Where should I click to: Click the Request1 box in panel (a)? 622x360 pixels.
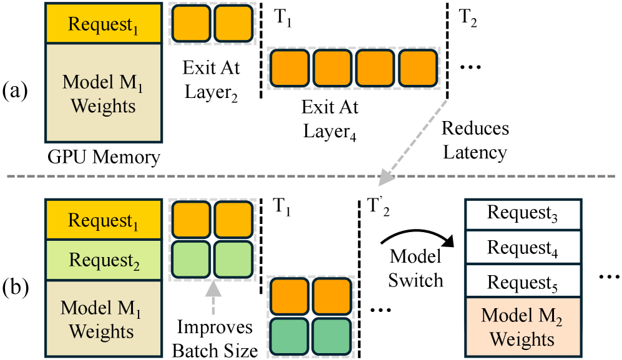[x=102, y=24]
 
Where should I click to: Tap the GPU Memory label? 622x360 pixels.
[x=102, y=157]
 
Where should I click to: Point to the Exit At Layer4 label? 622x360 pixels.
[x=330, y=119]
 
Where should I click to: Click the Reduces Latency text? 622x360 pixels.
[x=475, y=140]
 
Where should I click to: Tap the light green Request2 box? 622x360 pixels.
[x=102, y=259]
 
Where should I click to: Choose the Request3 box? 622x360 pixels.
[x=522, y=214]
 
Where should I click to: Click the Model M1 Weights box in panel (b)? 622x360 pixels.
[x=102, y=319]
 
